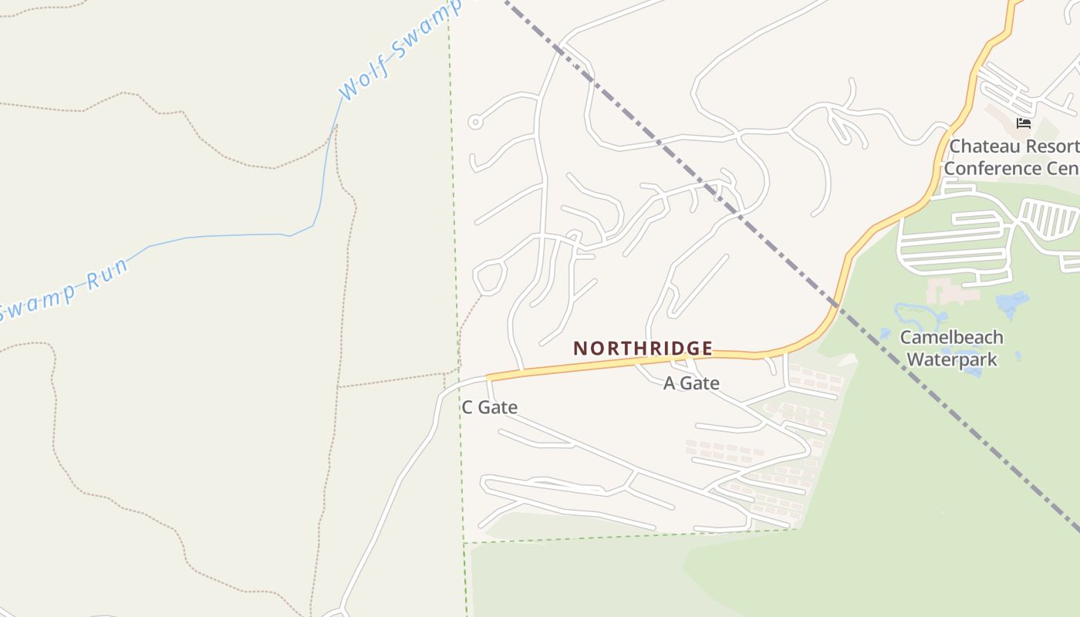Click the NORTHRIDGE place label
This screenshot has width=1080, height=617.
643,348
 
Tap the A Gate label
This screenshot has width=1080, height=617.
691,383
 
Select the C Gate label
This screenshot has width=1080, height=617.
489,407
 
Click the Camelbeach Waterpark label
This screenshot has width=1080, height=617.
952,348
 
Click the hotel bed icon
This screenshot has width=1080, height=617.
1024,123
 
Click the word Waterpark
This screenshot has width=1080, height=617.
952,359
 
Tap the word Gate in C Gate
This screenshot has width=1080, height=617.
499,407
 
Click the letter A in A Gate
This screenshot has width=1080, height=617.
669,383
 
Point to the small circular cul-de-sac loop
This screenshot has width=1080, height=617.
475,122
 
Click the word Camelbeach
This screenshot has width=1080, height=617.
952,337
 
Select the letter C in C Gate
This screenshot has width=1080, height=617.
467,407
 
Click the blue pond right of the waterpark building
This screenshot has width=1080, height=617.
1013,303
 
